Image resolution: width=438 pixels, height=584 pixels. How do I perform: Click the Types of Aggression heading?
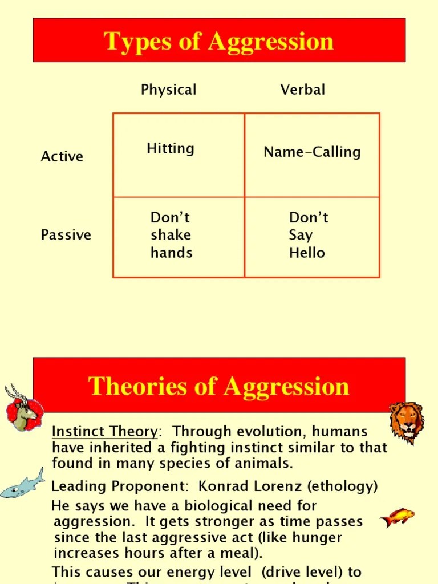click(x=219, y=42)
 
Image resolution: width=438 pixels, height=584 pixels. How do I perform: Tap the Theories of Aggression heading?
click(x=219, y=386)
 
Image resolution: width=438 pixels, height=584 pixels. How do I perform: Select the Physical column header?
click(x=168, y=90)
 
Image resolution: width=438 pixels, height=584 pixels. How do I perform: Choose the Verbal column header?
click(x=303, y=90)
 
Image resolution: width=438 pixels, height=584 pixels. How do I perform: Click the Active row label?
click(x=62, y=157)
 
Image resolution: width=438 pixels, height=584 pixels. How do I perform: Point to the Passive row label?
click(x=66, y=235)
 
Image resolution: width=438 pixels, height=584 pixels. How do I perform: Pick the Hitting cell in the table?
click(x=171, y=149)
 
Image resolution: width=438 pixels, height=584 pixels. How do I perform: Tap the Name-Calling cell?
click(x=312, y=152)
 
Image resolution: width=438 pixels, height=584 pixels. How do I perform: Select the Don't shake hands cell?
click(x=171, y=235)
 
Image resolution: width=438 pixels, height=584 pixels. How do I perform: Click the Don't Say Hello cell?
click(x=308, y=235)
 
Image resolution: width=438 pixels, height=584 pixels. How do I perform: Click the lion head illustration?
click(x=407, y=421)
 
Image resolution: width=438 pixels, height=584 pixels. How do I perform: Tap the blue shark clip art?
click(x=23, y=483)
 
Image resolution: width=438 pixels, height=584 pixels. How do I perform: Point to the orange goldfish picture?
click(x=397, y=517)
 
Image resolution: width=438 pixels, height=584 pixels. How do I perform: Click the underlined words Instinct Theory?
click(x=104, y=432)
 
